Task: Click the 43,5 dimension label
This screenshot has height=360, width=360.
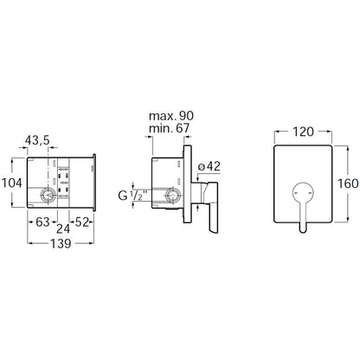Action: point(37,140)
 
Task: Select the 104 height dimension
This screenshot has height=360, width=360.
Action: point(12,183)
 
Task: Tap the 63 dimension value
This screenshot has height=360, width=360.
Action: point(42,222)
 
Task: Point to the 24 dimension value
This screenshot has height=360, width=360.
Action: point(63,228)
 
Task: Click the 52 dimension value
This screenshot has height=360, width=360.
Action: point(82,222)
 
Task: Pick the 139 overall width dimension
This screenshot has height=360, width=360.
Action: point(61,244)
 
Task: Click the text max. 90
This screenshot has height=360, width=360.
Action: point(171,116)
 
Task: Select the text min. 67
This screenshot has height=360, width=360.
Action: point(170,128)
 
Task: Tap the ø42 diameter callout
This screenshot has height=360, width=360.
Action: point(209,166)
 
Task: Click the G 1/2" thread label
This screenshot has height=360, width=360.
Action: point(132,196)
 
